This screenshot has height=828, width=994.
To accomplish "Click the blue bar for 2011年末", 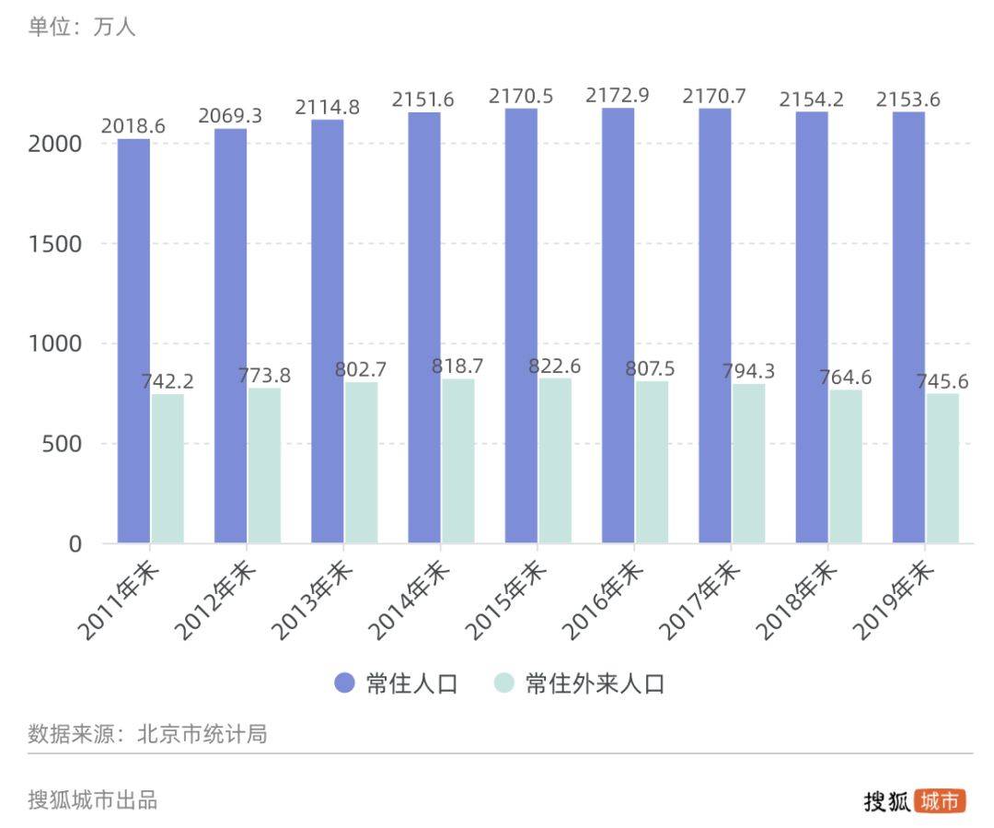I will pyautogui.click(x=133, y=341).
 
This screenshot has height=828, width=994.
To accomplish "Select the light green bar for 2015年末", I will pyautogui.click(x=555, y=461).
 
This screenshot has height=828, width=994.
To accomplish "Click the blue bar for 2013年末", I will pyautogui.click(x=327, y=332).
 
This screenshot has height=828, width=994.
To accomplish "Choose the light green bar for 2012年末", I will pyautogui.click(x=264, y=465).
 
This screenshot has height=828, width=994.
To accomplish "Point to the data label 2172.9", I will pyautogui.click(x=618, y=96).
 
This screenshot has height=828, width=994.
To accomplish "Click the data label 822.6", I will pyautogui.click(x=554, y=366).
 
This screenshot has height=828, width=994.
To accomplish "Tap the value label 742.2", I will pyautogui.click(x=167, y=381).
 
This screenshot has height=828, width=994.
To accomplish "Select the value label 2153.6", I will pyautogui.click(x=907, y=99).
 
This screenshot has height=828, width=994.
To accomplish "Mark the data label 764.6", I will pyautogui.click(x=845, y=378).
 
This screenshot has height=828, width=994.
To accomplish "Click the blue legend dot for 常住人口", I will pyautogui.click(x=344, y=683).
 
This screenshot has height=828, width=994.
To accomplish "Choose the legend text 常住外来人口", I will pyautogui.click(x=595, y=683).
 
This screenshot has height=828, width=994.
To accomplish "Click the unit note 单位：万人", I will pyautogui.click(x=82, y=28).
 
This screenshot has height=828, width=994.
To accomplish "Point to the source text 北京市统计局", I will pyautogui.click(x=202, y=734).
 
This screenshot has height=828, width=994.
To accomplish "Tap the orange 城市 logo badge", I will pyautogui.click(x=941, y=800).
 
